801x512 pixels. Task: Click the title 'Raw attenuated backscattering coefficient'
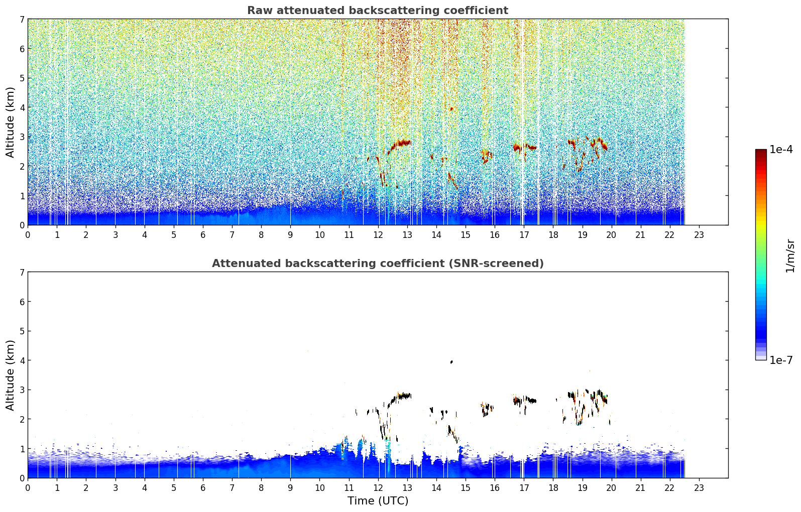pos(378,11)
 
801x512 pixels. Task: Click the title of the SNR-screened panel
pos(378,263)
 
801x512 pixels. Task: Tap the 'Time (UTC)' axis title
pos(378,500)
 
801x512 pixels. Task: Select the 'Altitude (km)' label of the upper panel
pos(10,122)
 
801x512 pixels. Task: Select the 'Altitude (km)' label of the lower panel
pos(10,375)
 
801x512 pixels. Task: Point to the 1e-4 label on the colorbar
pos(781,150)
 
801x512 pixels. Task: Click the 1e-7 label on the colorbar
pos(781,360)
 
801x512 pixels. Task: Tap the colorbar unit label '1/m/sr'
pos(790,256)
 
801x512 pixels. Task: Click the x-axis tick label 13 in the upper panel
pos(407,235)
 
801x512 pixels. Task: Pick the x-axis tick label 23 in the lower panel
pos(699,488)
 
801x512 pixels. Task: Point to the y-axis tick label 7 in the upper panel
pos(22,19)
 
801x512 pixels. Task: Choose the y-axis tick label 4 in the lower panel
pos(22,360)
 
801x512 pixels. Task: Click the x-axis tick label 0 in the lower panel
pos(28,488)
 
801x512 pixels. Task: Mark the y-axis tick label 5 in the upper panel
pos(22,78)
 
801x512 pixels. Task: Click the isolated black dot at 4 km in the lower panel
pos(451,362)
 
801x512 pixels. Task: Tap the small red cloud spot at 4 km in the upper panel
pos(451,109)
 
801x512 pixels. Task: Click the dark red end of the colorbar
pos(761,152)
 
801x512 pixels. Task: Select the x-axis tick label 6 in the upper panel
pos(203,235)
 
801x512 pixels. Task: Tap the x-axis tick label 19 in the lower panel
pos(582,488)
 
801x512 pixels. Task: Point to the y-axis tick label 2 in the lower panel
pos(22,419)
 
